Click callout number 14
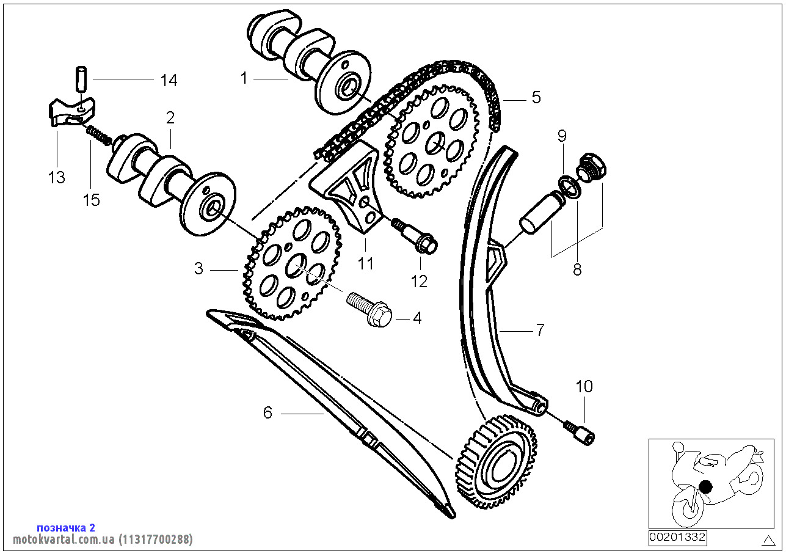[169, 80]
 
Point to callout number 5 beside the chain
[536, 97]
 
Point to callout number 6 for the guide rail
[267, 413]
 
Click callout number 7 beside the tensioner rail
[539, 331]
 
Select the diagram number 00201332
[677, 538]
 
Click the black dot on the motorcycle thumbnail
[705, 487]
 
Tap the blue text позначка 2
[66, 527]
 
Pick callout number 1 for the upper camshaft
[244, 78]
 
